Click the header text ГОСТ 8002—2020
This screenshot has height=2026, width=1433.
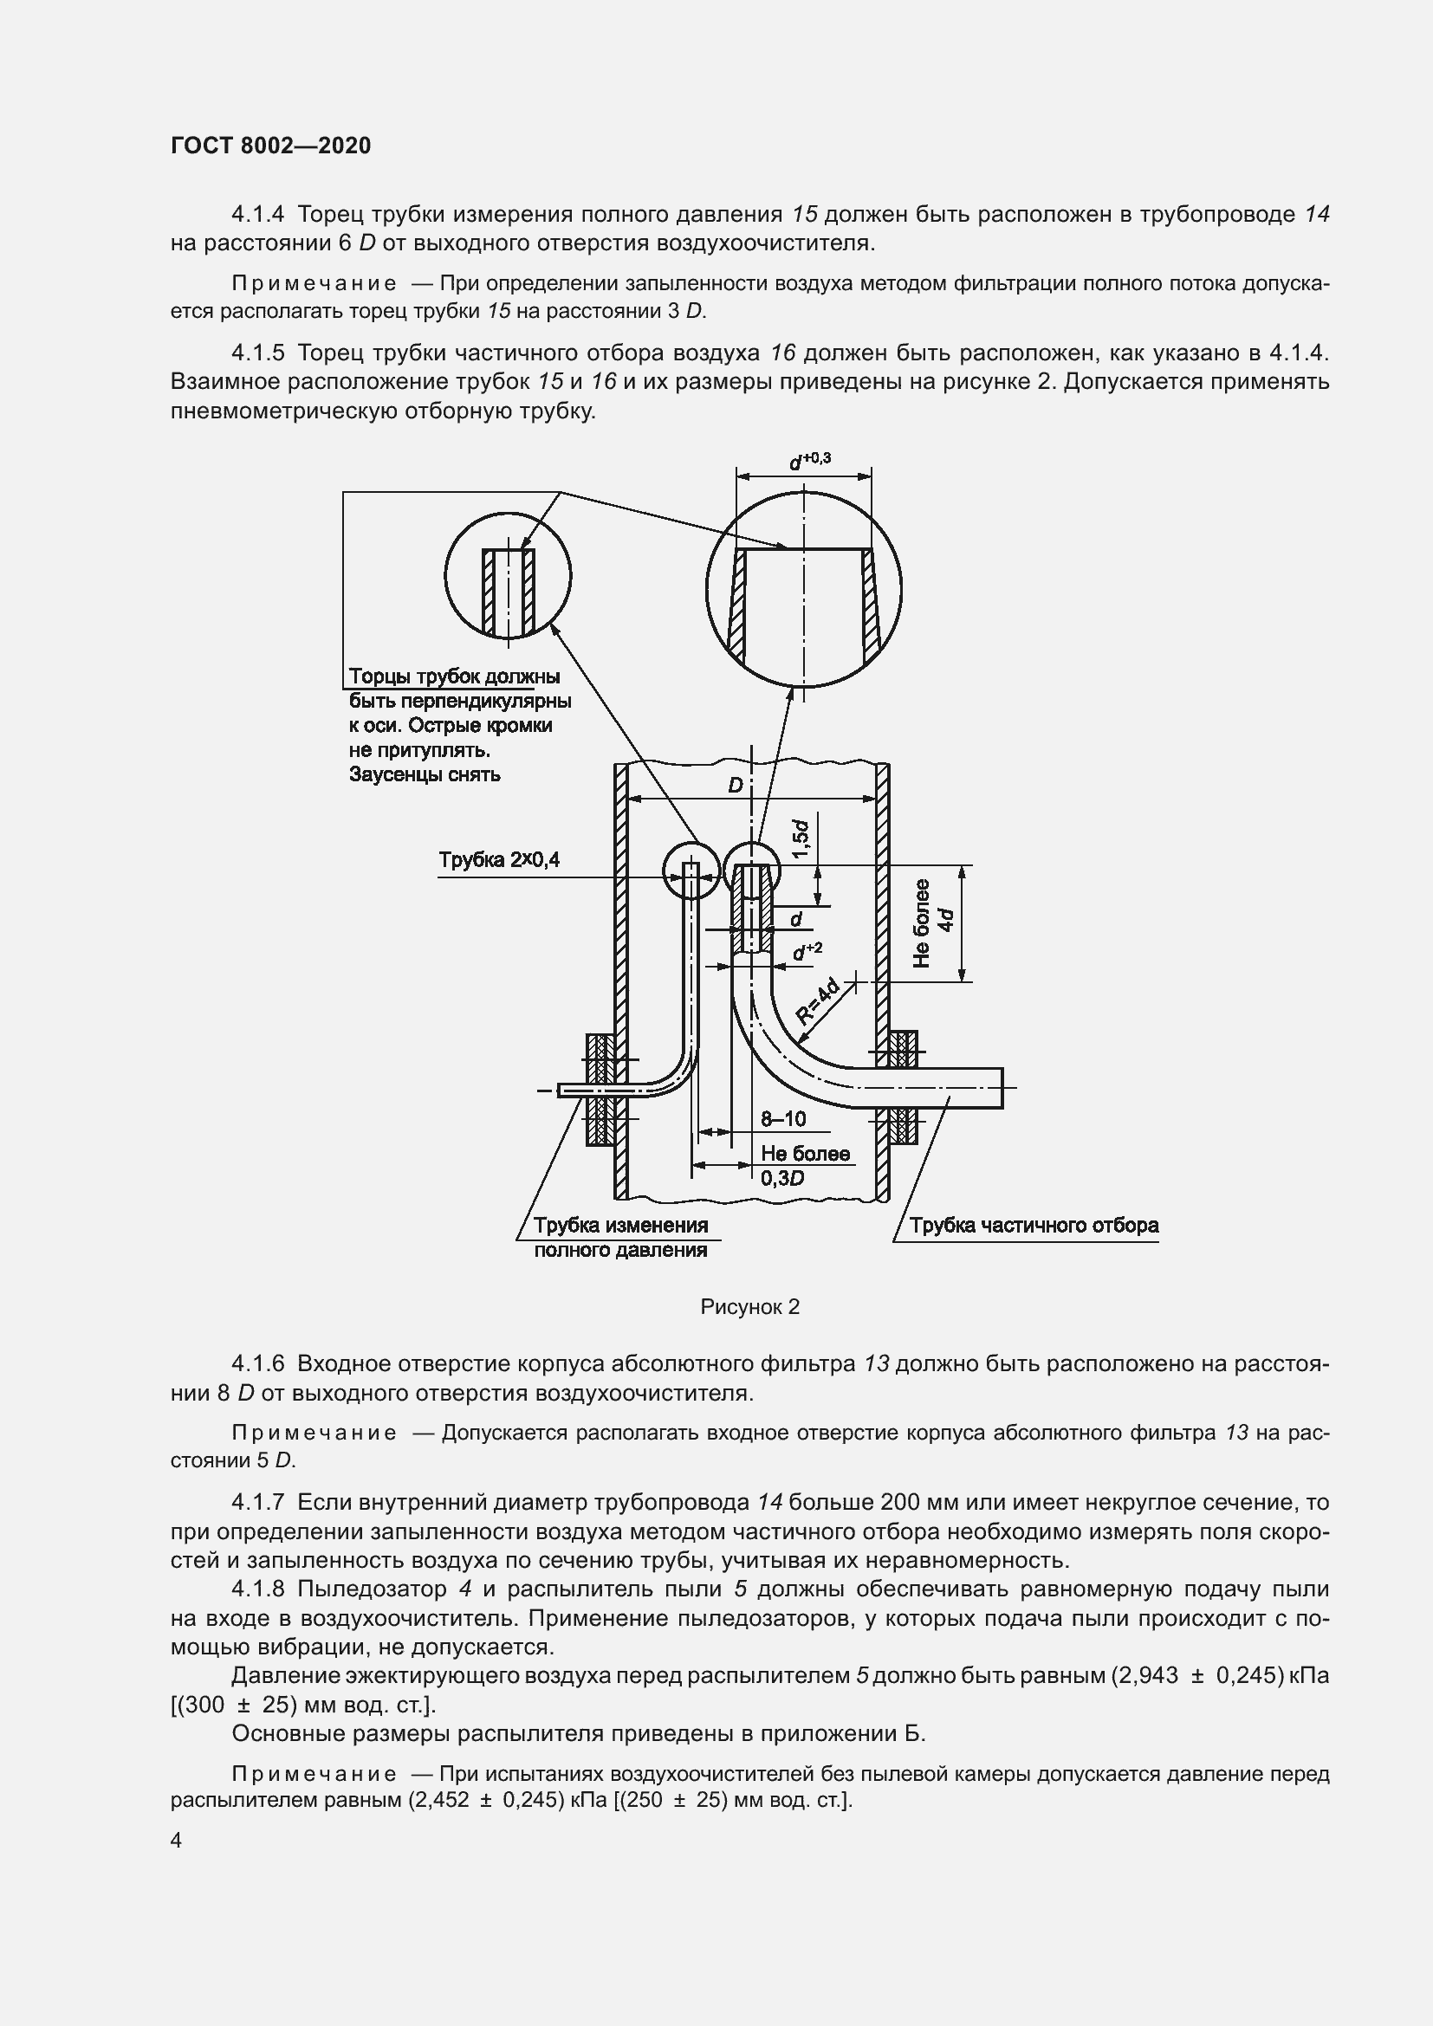tap(270, 146)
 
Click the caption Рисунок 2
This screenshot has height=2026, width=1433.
tap(749, 1307)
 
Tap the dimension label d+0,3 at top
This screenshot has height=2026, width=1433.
tap(809, 461)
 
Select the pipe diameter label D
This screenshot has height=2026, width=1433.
tap(735, 786)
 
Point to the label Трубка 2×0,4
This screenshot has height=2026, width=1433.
tap(498, 859)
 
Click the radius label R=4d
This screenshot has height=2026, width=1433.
tap(818, 1003)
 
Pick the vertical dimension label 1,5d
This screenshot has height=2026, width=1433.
tap(801, 839)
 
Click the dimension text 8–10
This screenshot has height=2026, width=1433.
tap(782, 1119)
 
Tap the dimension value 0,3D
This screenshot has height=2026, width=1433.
tap(781, 1178)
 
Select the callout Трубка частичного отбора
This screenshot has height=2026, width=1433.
tap(1034, 1226)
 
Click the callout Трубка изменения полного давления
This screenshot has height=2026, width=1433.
tap(620, 1237)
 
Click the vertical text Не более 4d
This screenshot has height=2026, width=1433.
tap(934, 923)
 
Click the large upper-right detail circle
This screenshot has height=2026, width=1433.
tap(803, 588)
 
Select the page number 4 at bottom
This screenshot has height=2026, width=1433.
tap(177, 1840)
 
